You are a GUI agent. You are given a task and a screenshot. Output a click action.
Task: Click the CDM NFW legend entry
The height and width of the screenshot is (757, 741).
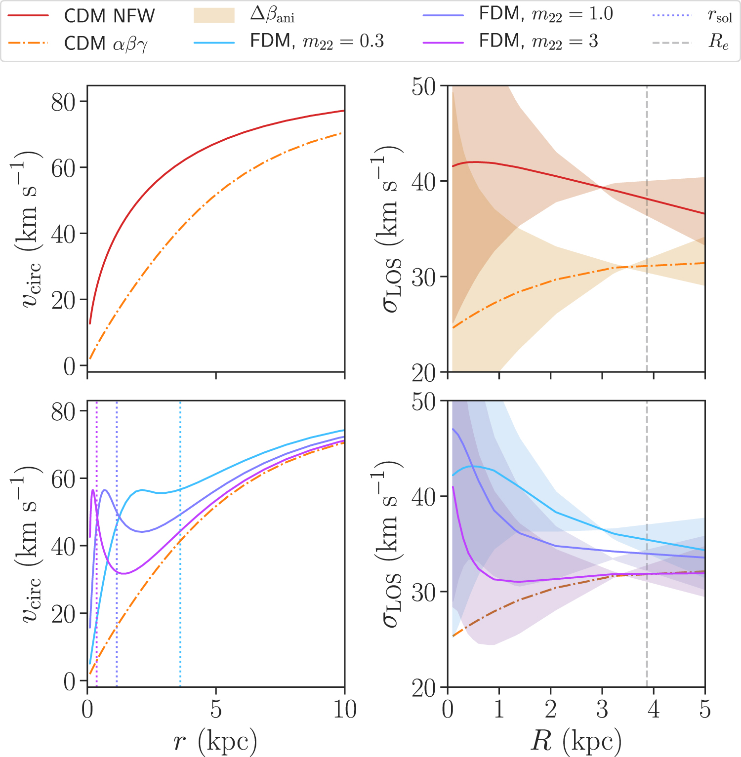click(x=109, y=16)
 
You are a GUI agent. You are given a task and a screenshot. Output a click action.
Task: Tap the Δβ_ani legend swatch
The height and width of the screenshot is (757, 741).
click(x=214, y=15)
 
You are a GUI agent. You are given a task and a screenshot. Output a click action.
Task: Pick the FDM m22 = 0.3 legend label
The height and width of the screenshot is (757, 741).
click(x=317, y=41)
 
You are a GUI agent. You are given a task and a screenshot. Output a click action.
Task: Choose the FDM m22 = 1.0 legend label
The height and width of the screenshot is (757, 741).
click(x=546, y=14)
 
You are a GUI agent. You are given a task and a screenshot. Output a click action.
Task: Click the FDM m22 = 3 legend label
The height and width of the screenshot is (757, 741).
click(x=538, y=41)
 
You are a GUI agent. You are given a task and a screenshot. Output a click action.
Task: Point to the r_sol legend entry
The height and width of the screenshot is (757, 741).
click(x=719, y=16)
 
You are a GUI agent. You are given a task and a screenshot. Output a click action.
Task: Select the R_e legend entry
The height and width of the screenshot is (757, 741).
click(x=718, y=42)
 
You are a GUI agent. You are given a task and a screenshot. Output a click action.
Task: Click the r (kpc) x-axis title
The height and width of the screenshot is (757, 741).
click(x=215, y=741)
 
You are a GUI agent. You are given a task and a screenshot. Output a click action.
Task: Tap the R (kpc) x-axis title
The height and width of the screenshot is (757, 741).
click(x=576, y=741)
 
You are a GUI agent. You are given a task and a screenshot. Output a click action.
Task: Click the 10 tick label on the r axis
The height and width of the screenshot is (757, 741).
click(x=344, y=710)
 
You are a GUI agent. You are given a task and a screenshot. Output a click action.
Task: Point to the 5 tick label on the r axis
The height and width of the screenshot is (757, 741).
click(x=216, y=710)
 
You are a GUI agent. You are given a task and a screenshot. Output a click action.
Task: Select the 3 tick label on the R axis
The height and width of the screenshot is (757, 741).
click(x=602, y=710)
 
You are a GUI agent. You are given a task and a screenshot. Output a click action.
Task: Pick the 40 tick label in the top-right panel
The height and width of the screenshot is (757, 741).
click(x=424, y=181)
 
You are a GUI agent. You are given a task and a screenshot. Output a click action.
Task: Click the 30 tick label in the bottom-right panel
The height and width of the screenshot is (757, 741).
click(x=424, y=592)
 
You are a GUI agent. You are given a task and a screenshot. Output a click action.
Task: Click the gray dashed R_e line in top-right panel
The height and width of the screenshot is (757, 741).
click(x=647, y=321)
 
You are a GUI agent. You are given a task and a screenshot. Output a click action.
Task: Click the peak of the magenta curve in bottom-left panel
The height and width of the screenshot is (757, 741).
click(x=93, y=490)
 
